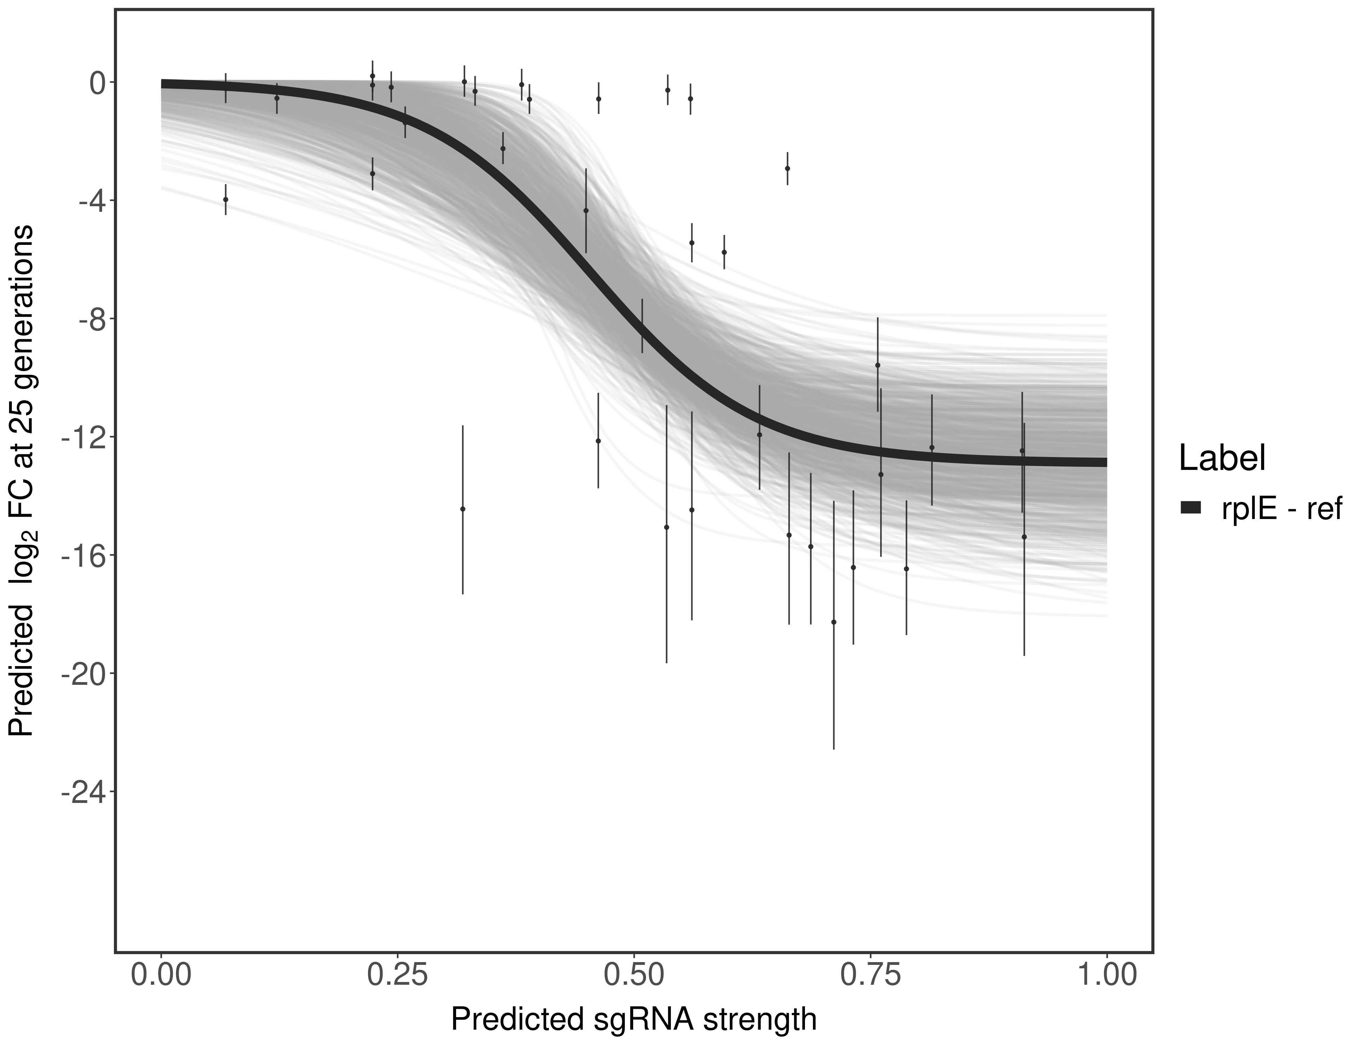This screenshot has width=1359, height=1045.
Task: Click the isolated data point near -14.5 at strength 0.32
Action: [x=462, y=509]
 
